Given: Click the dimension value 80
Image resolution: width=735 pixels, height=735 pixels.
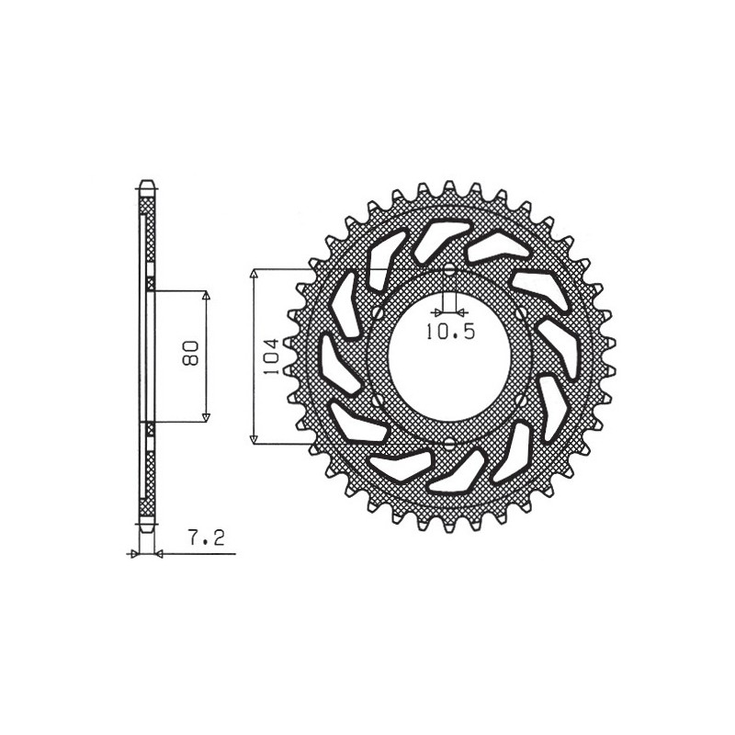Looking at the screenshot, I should tap(190, 354).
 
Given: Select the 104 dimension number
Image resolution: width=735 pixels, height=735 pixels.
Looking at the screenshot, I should tap(269, 356).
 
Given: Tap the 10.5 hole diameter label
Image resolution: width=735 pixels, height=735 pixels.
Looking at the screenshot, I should tap(450, 333).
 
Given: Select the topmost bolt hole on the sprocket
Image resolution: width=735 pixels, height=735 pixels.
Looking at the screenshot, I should tap(449, 271).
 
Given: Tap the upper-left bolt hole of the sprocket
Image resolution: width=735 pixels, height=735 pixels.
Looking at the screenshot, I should tap(375, 314).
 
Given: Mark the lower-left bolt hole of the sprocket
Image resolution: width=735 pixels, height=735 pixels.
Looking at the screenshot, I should tap(375, 401).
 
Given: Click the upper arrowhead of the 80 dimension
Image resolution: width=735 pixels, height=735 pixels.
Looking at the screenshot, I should tap(206, 297).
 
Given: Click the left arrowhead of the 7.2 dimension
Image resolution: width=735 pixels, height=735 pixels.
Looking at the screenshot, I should tap(134, 554).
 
